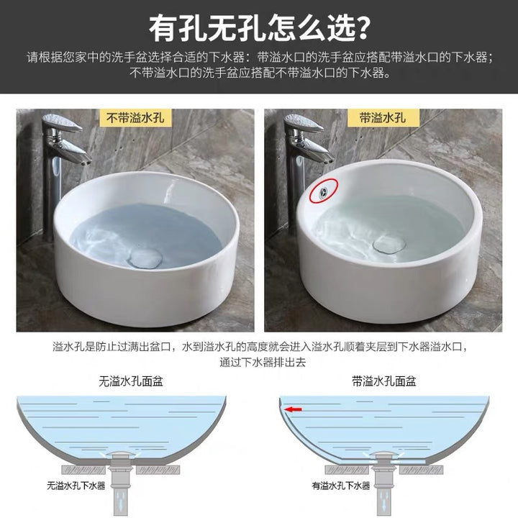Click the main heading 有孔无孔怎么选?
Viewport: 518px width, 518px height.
tap(259, 28)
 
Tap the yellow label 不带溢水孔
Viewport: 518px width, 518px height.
tap(135, 117)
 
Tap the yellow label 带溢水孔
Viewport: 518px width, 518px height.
tap(383, 117)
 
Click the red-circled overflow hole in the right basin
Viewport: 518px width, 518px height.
tap(323, 191)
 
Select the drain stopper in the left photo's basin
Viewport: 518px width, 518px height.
tap(145, 258)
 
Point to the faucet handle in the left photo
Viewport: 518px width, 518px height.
tap(62, 122)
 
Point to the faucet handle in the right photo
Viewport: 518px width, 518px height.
tap(304, 122)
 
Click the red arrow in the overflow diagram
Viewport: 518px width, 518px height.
tap(294, 409)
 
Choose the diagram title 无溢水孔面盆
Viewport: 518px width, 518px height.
tap(131, 381)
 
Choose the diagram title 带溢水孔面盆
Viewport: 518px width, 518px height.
tap(383, 381)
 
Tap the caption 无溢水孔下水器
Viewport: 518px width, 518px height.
tap(76, 486)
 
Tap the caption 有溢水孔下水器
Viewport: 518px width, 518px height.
tap(341, 486)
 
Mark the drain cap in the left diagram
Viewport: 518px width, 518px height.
tap(122, 453)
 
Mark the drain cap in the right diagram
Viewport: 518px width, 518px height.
tap(384, 453)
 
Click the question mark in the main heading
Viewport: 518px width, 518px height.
tap(361, 28)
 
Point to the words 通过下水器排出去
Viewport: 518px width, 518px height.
tap(263, 363)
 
